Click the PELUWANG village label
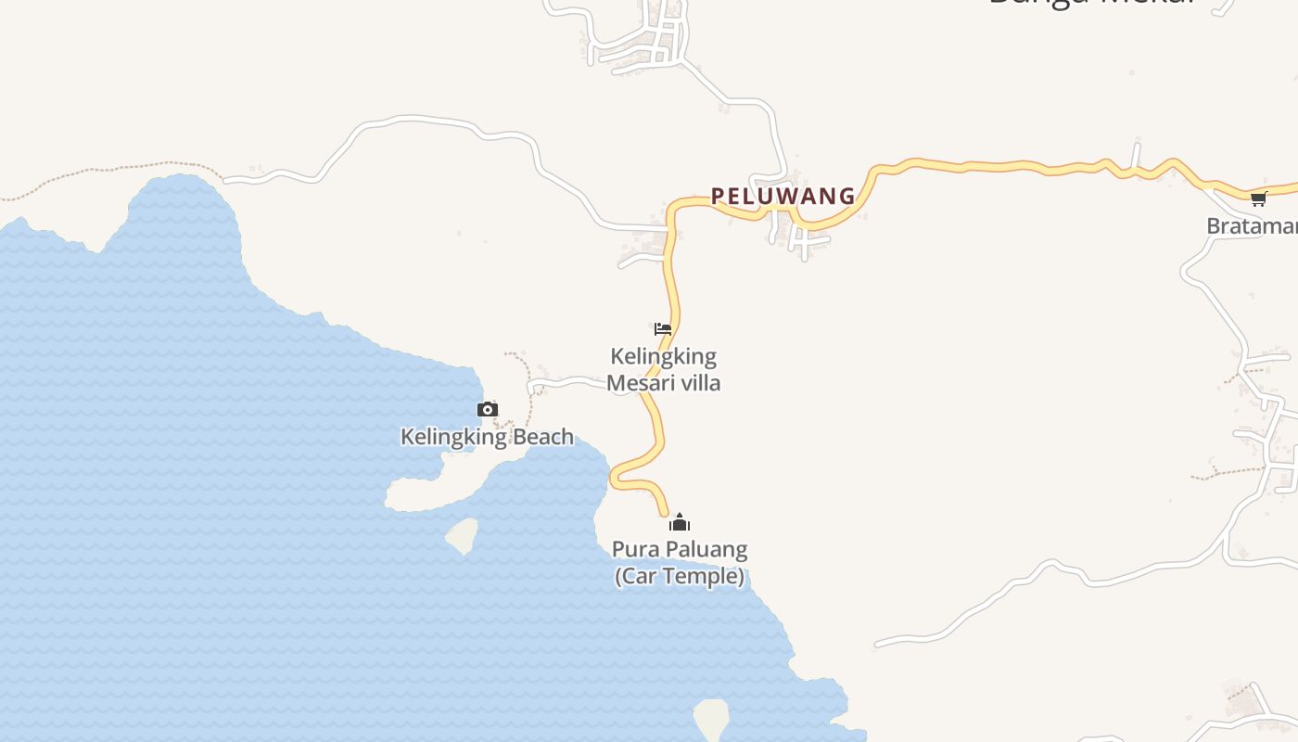click(783, 197)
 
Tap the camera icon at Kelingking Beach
click(488, 409)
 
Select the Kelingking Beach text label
click(487, 437)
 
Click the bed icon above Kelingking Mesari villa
click(662, 329)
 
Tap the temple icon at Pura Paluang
click(680, 522)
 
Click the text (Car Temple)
click(680, 576)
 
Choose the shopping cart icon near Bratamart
click(1258, 198)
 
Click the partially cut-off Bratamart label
click(1252, 225)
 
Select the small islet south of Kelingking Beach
click(462, 534)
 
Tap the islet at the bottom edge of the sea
click(711, 720)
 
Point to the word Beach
click(541, 437)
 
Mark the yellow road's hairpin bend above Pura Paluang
click(614, 477)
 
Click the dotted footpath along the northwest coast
click(111, 171)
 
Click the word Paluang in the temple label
click(704, 549)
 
